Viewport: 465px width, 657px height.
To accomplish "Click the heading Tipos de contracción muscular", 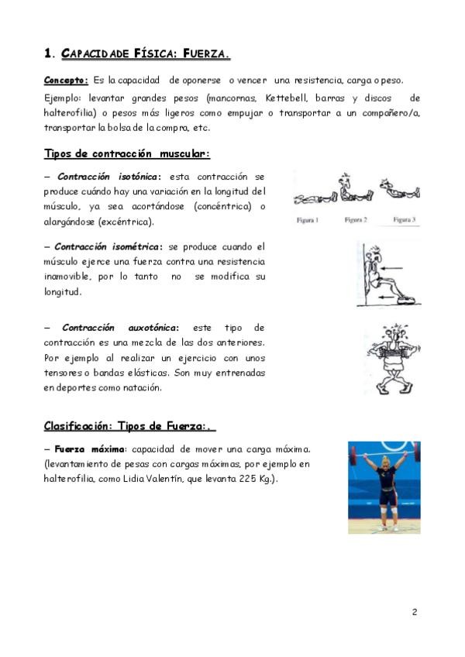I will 126,153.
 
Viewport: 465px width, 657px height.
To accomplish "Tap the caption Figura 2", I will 356,220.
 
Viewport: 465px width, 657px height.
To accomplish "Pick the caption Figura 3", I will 405,220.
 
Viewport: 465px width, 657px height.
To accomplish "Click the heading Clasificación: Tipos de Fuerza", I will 129,426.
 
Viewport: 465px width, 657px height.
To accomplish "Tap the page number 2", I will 415,612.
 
